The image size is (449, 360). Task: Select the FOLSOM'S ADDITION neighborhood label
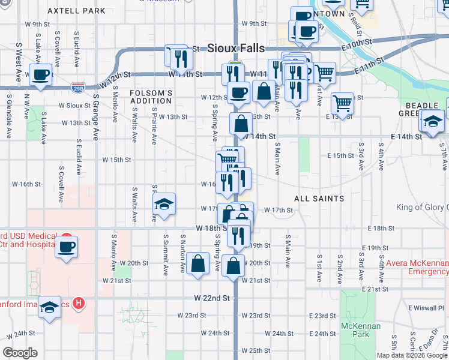[x=151, y=97]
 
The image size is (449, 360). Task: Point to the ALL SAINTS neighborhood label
[x=319, y=198]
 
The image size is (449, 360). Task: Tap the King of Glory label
[x=422, y=208]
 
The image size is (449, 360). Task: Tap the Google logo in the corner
[x=20, y=352]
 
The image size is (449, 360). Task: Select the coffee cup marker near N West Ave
[x=40, y=75]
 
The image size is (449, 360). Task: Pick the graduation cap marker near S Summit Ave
[x=164, y=203]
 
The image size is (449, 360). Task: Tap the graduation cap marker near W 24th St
[x=50, y=307]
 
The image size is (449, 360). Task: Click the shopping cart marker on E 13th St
[x=342, y=103]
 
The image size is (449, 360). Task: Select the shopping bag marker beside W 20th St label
[x=197, y=263]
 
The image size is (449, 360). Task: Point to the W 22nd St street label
[x=212, y=298]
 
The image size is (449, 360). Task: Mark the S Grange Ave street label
[x=95, y=116]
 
